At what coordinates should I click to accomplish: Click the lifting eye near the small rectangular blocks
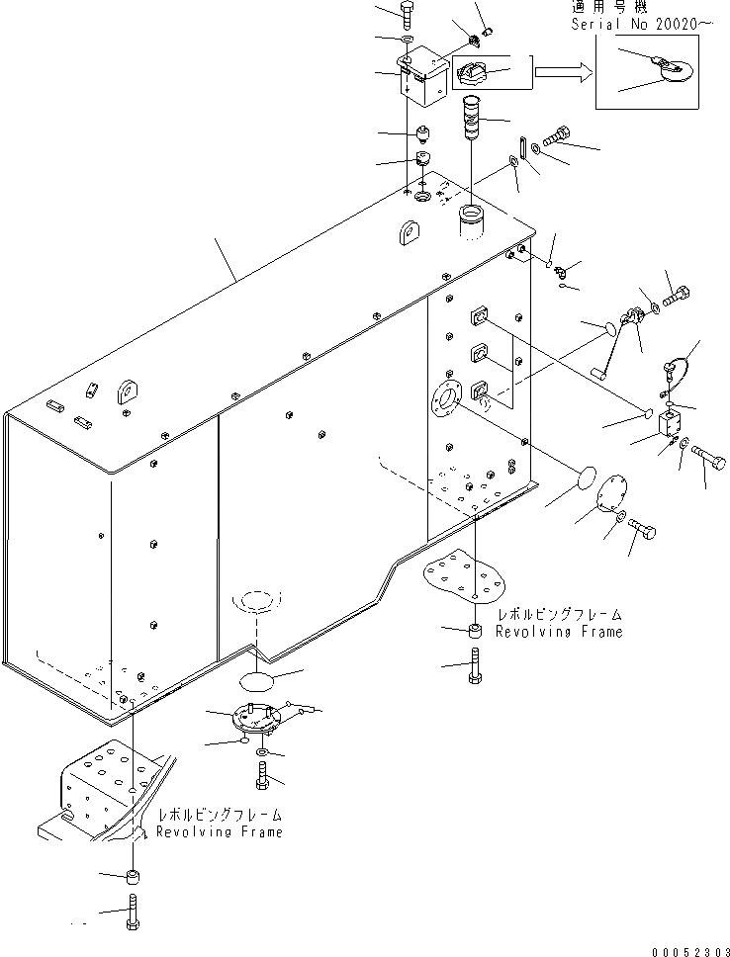pos(127,391)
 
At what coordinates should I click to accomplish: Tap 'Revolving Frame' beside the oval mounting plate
pos(559,632)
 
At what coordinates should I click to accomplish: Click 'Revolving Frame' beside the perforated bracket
pos(220,831)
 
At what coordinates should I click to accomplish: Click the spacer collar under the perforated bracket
pos(131,876)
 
